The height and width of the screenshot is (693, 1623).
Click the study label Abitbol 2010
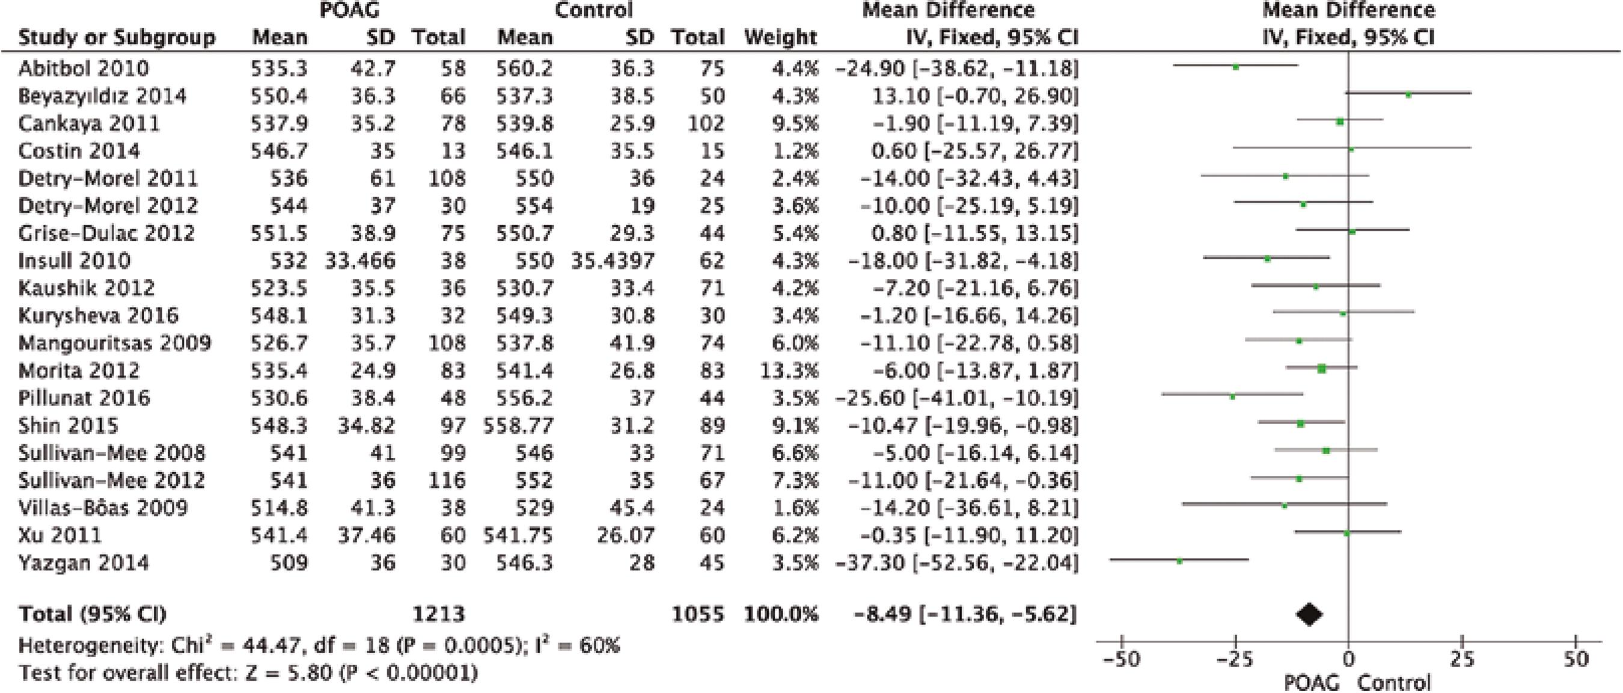tap(83, 68)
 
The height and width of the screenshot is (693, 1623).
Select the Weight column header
tap(780, 37)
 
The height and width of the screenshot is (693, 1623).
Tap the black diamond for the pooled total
tap(1309, 614)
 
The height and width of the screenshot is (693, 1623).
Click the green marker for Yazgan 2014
tap(1179, 561)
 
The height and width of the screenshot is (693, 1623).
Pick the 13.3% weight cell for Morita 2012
tap(789, 370)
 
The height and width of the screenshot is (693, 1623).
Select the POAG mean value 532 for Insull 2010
tap(289, 260)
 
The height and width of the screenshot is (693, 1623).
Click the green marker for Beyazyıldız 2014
tap(1408, 94)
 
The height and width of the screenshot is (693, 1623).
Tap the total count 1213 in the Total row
tap(439, 614)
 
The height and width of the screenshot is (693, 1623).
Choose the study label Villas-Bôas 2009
tap(103, 508)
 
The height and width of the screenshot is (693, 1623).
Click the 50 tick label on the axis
tap(1576, 659)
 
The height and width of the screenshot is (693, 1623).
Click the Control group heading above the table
tap(593, 10)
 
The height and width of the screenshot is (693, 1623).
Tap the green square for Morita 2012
tap(1321, 369)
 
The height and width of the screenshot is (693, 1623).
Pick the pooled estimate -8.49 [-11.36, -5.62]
tap(965, 614)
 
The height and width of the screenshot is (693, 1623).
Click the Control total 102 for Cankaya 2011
tap(706, 123)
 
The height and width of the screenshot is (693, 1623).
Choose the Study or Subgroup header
tap(117, 37)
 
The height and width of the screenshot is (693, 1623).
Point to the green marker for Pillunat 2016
tap(1232, 396)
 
